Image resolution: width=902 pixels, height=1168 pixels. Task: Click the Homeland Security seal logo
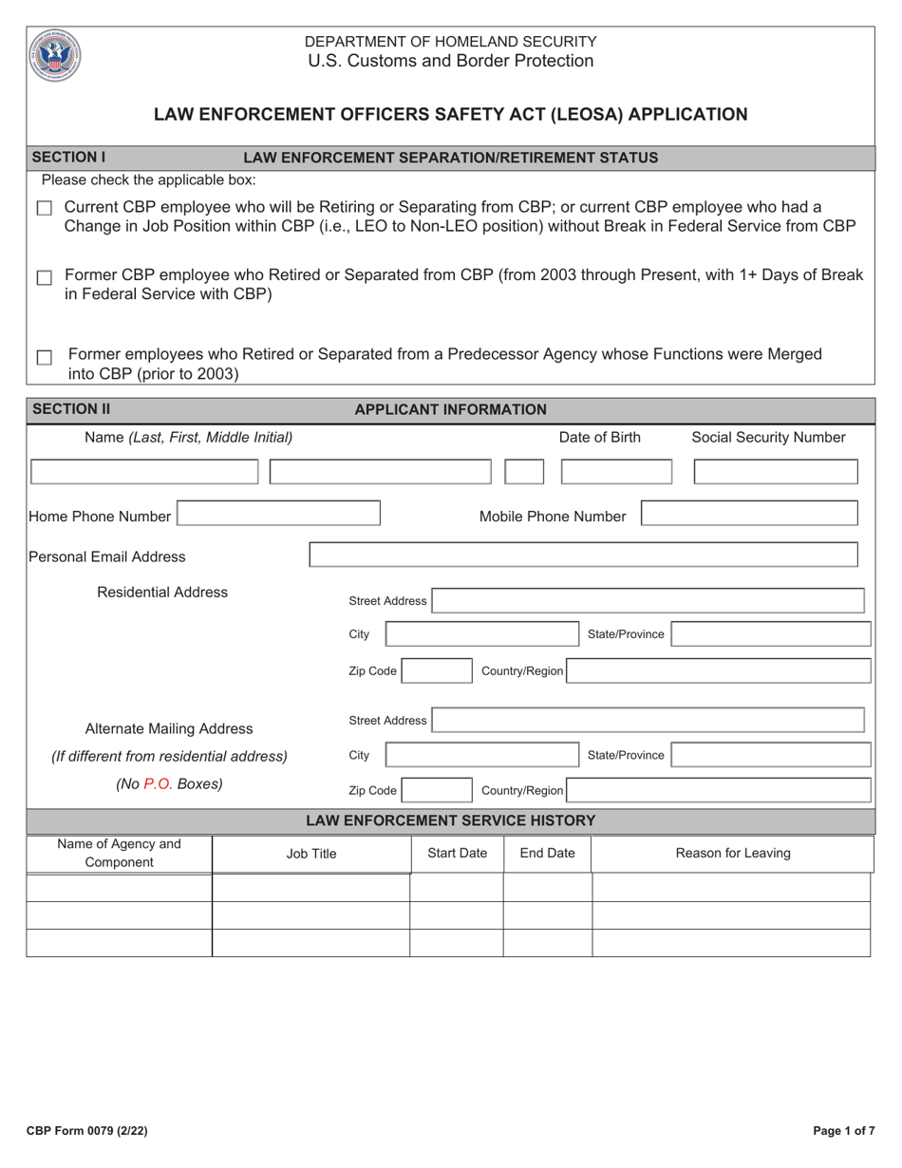55,55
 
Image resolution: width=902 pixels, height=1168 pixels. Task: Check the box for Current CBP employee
44,208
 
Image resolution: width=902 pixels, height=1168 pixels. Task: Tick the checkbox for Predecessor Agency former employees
44,358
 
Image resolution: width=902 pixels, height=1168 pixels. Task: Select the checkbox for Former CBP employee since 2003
44,278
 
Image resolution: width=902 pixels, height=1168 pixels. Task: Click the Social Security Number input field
776,472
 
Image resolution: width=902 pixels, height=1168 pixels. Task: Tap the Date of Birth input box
616,472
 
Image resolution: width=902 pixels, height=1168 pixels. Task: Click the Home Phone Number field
278,514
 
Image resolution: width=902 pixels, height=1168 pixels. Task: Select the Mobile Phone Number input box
749,514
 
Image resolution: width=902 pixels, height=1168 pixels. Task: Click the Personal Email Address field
583,555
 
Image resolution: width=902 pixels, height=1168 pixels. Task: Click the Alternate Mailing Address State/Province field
771,755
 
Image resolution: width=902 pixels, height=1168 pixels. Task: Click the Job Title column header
311,853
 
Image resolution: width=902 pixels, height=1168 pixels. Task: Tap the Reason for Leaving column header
732,853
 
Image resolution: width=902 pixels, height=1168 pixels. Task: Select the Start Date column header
457,853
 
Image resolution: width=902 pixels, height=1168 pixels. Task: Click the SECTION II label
71,409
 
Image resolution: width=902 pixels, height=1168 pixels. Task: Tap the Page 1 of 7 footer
844,1131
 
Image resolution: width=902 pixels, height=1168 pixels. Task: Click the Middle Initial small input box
524,472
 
